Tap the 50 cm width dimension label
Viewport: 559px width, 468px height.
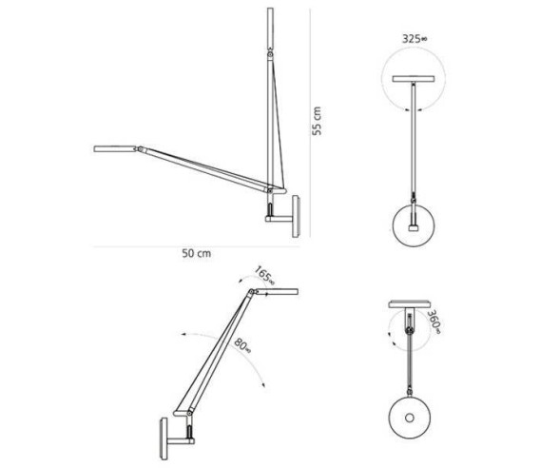196,253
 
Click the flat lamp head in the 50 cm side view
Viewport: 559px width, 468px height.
116,148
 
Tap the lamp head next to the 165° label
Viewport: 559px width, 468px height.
276,289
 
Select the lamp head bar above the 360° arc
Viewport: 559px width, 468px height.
411,305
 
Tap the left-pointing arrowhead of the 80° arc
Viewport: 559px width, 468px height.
180,338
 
